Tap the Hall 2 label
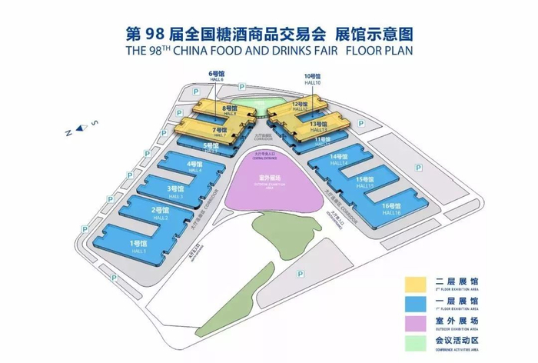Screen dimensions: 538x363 (x=160, y=213)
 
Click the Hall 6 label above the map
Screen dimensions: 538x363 (x=215, y=76)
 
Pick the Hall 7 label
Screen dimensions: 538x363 (x=221, y=132)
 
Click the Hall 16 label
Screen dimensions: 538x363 (x=391, y=208)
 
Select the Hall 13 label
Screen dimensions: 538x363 (x=316, y=126)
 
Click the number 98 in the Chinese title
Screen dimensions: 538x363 (x=160, y=34)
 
